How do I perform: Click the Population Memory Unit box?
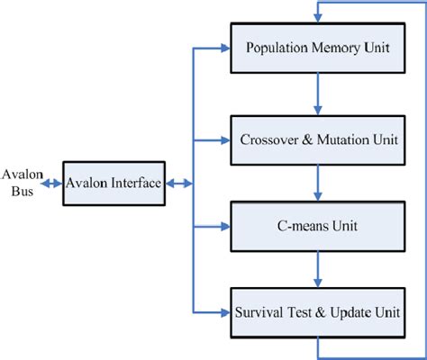point(319,50)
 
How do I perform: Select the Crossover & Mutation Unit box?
point(319,139)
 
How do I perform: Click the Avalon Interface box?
point(113,183)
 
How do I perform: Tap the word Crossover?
point(268,139)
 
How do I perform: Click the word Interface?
point(132,183)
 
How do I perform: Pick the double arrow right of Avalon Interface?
point(178,183)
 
